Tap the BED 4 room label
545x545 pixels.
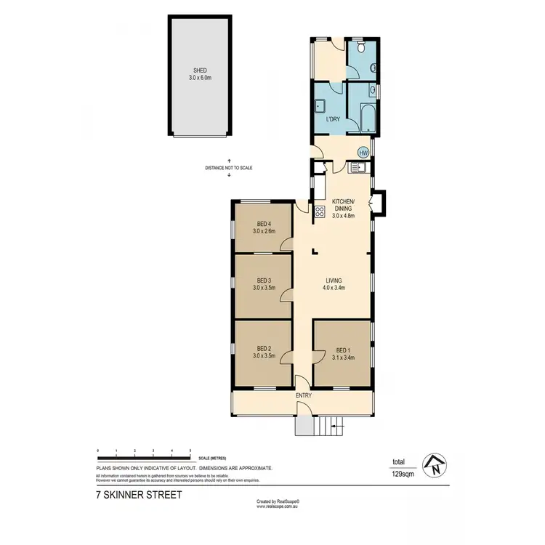[x=264, y=224]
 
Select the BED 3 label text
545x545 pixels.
[x=264, y=280]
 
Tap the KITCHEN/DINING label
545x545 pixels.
[x=343, y=204]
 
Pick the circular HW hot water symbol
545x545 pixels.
[x=363, y=152]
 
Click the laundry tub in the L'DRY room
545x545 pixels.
[x=319, y=105]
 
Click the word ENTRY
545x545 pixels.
[x=303, y=395]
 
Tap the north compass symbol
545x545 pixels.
[x=435, y=465]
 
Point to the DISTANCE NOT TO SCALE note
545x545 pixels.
[x=228, y=168]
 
